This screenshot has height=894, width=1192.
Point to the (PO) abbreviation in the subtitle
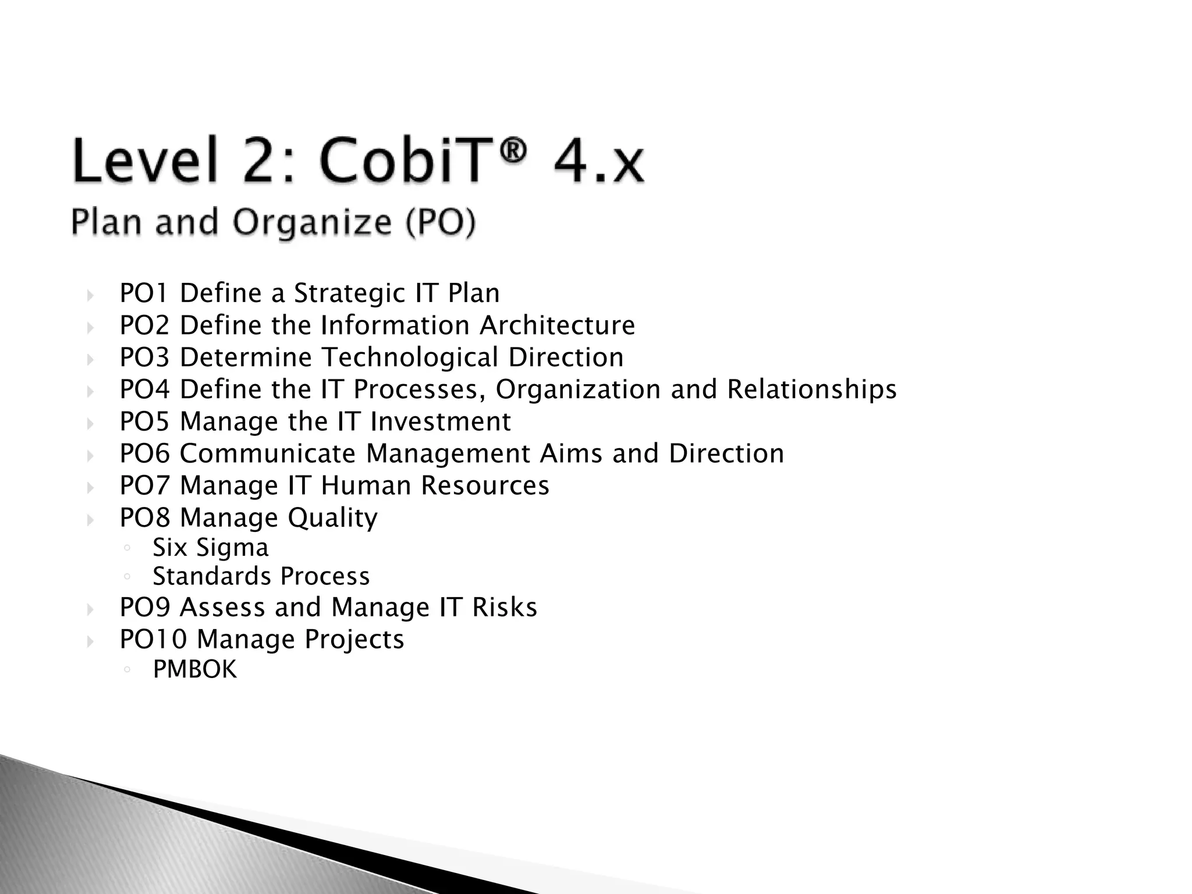coord(441,223)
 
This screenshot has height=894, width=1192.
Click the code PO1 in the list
coord(144,293)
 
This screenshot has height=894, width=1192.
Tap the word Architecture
coord(557,325)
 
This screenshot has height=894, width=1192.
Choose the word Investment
coord(440,421)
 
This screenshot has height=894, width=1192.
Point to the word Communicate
coord(267,453)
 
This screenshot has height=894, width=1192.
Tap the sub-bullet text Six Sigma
coord(211,548)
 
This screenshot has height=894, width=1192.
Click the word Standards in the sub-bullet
coord(211,576)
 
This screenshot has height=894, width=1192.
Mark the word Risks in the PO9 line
coord(504,607)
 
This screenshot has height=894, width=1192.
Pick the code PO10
coord(153,639)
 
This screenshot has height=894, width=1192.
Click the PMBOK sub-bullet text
coord(194,669)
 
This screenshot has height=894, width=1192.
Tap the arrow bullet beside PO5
coord(90,423)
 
